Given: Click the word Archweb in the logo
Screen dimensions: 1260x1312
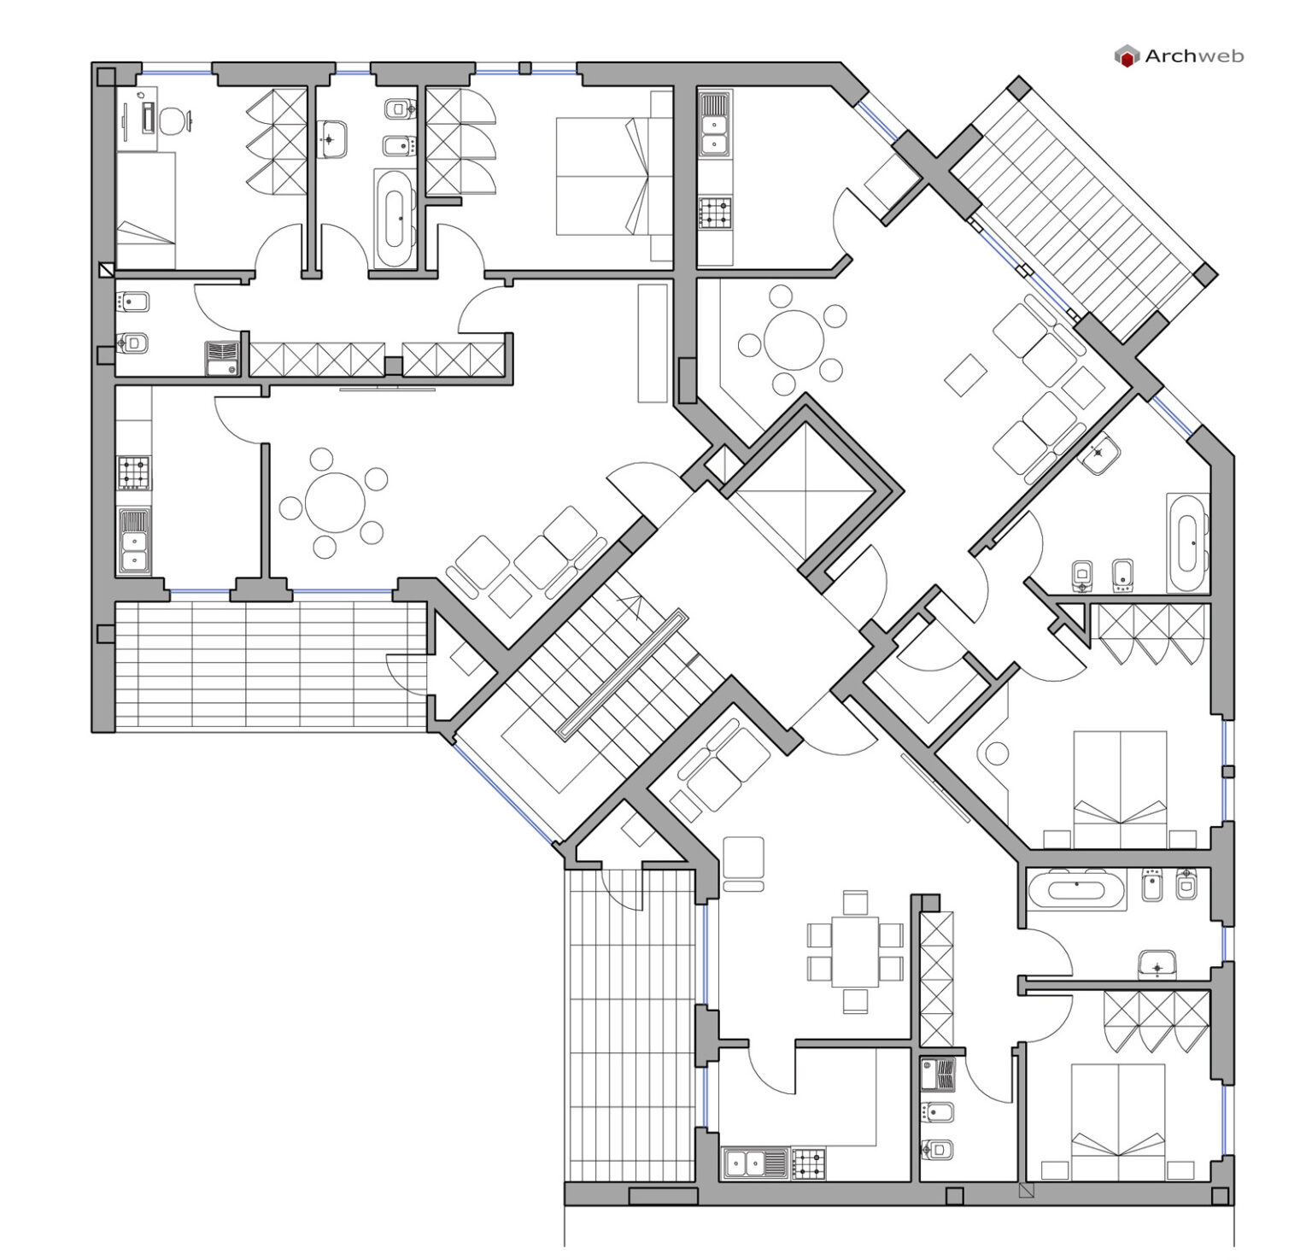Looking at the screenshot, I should click(1193, 56).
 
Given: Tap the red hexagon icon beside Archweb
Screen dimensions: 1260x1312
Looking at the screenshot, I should click(1127, 57).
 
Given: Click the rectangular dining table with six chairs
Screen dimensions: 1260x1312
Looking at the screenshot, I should click(855, 951).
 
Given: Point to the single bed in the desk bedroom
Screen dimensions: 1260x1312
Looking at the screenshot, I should click(145, 210).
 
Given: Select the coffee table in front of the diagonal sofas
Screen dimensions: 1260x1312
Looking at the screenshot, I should click(966, 374).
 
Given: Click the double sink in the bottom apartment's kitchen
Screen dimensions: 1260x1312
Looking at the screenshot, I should click(756, 1163).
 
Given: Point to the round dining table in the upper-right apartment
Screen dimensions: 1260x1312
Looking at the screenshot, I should click(794, 340).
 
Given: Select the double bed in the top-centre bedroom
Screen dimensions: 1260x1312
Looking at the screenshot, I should click(602, 176).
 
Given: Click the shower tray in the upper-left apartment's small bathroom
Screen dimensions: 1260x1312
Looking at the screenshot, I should click(225, 358).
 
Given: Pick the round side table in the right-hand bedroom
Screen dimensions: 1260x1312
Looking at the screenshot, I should click(997, 754).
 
